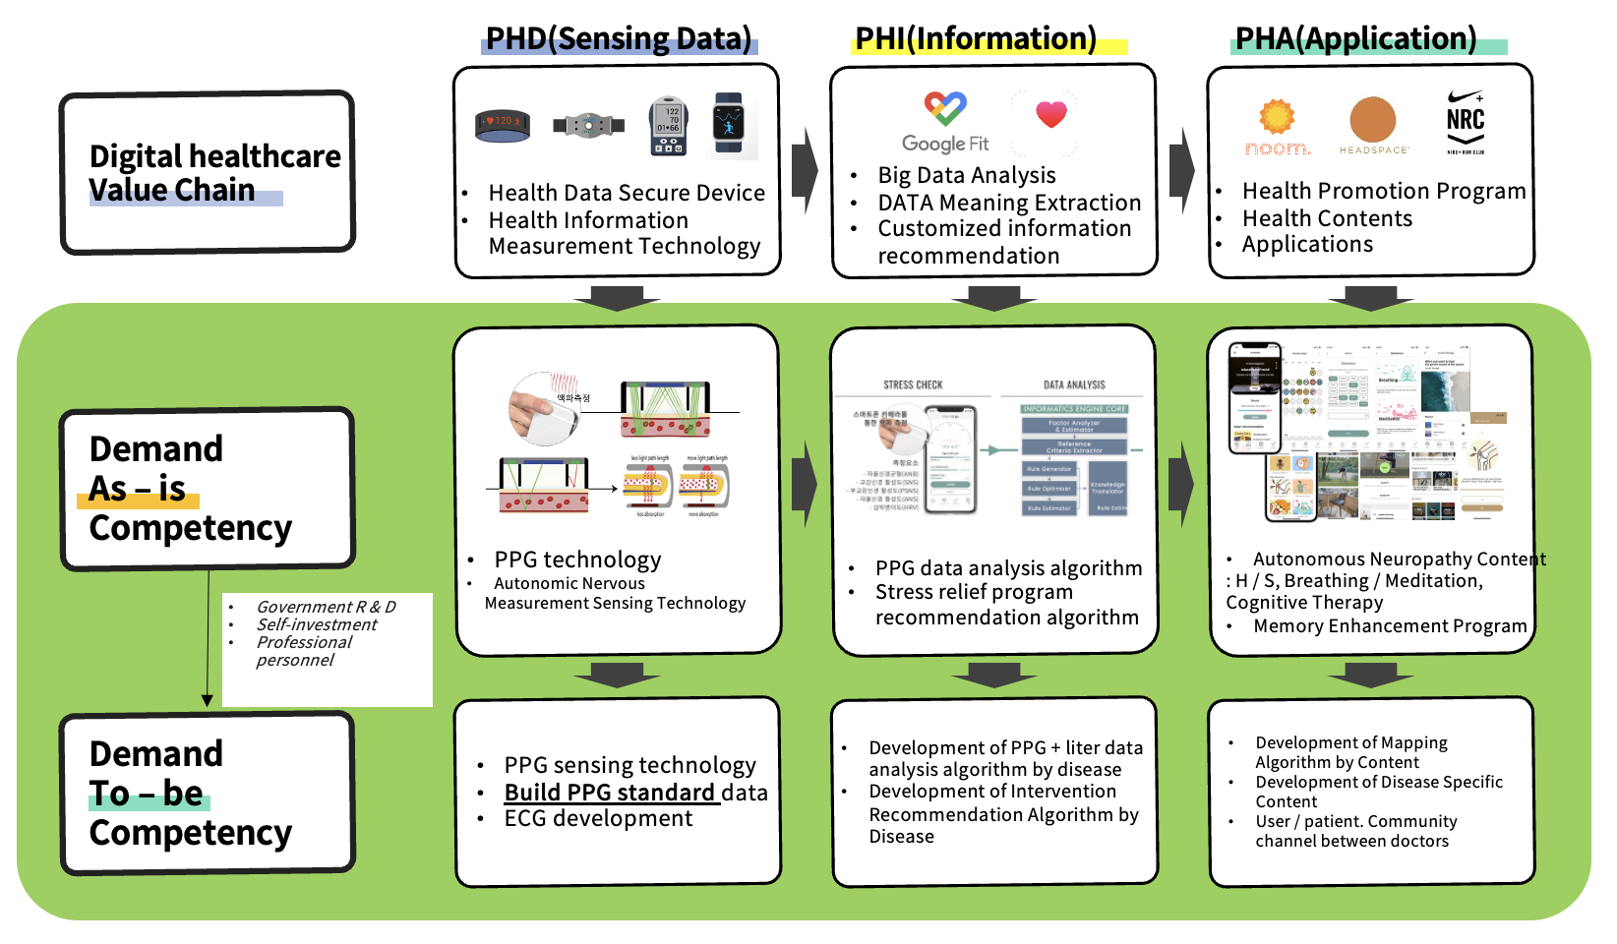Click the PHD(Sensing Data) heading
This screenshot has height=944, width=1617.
[619, 39]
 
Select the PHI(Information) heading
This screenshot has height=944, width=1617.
[976, 39]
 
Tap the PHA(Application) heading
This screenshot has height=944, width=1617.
[1355, 39]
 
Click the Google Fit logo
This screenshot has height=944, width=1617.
[945, 123]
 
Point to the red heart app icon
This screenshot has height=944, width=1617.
[1050, 115]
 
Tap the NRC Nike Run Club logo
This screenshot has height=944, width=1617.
[1465, 122]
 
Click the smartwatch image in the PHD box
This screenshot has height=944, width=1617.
[729, 125]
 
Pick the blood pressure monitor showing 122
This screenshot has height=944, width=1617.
[668, 126]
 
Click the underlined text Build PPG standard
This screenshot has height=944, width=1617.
[610, 793]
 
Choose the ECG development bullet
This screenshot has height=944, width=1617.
[598, 818]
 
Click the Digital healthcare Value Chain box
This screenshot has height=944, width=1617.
[208, 173]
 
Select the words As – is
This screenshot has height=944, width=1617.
[138, 489]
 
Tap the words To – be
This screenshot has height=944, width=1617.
[147, 794]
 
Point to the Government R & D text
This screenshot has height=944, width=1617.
[326, 607]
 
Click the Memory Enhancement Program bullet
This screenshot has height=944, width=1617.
[1389, 626]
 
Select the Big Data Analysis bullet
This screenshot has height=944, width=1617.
[966, 175]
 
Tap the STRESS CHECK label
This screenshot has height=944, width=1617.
[913, 385]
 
